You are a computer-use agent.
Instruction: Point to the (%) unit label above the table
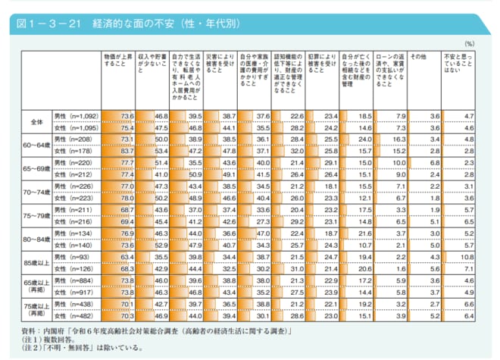coord(469,45)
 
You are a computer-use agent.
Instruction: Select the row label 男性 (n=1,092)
coord(77,115)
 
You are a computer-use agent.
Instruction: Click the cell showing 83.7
coord(127,151)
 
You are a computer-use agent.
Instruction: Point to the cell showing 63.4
coord(127,258)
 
